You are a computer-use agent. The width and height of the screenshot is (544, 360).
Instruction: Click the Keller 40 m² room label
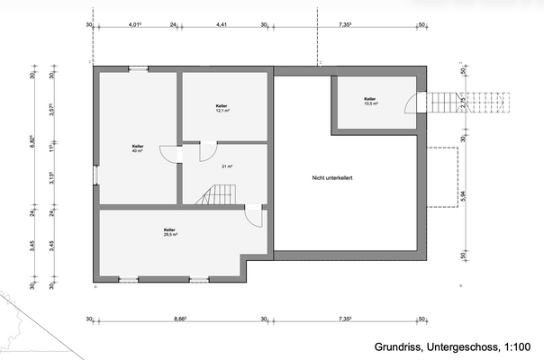click(x=138, y=148)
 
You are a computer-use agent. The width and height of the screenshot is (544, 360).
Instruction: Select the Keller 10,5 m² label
click(x=371, y=101)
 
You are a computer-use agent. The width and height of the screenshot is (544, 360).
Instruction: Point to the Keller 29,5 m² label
click(x=170, y=232)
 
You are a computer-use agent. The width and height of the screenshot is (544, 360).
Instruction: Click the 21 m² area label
click(x=226, y=166)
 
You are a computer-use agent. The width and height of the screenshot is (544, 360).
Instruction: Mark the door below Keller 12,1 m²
click(x=208, y=149)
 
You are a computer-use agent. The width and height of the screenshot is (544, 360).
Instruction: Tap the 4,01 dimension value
click(x=135, y=26)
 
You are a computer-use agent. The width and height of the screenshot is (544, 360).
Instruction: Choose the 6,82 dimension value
click(x=32, y=141)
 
